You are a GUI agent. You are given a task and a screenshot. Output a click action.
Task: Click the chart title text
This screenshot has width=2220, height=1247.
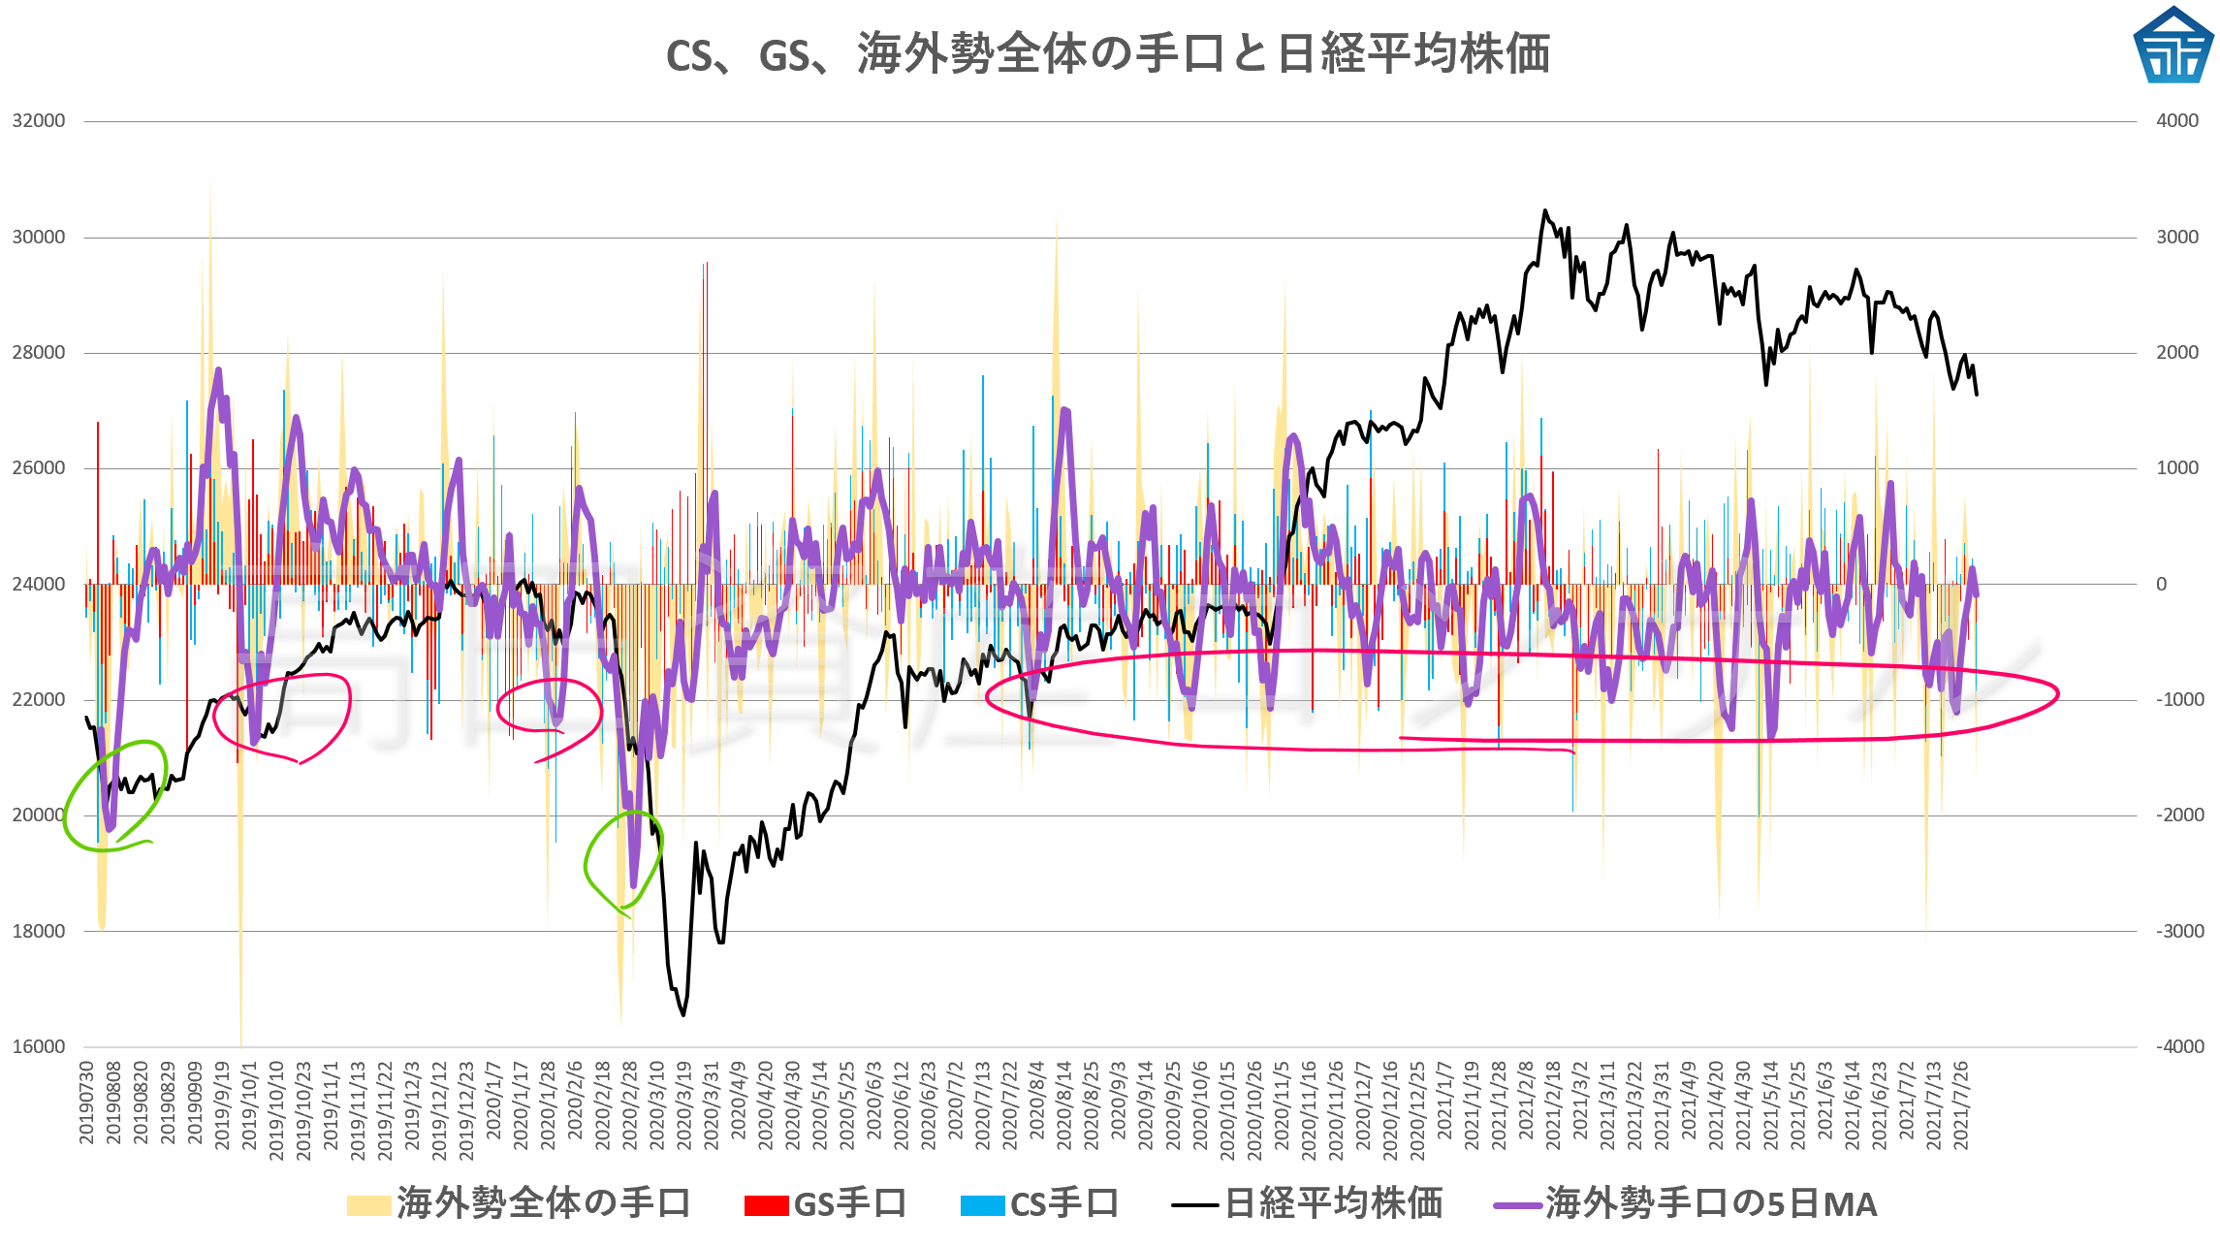pyautogui.click(x=1108, y=54)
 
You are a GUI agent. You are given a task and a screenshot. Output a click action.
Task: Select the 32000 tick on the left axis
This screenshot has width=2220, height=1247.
pyautogui.click(x=39, y=121)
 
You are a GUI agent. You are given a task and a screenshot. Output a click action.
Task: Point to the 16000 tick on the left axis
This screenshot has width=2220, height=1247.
pyautogui.click(x=39, y=1047)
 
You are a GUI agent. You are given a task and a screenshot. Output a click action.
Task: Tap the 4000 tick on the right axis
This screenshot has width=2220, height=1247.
pyautogui.click(x=2176, y=121)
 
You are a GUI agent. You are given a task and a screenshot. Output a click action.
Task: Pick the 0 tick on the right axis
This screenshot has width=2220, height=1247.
pyautogui.click(x=2161, y=584)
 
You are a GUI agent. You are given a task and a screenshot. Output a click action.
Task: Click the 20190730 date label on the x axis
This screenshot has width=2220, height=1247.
pyautogui.click(x=87, y=1103)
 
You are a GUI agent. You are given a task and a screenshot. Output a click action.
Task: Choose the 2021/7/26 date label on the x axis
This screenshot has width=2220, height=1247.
pyautogui.click(x=1960, y=1105)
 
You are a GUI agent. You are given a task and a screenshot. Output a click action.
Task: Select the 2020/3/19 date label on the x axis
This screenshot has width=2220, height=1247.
pyautogui.click(x=684, y=1105)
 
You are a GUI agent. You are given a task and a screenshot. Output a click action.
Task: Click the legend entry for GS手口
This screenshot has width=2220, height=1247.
pyautogui.click(x=826, y=1204)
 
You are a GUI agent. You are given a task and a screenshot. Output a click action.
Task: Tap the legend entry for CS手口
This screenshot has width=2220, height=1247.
pyautogui.click(x=1040, y=1204)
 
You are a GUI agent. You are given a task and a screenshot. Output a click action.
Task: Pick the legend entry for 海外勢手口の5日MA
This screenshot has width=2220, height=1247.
pyautogui.click(x=1686, y=1204)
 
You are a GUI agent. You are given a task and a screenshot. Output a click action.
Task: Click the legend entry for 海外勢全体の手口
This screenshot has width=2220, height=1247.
pyautogui.click(x=520, y=1204)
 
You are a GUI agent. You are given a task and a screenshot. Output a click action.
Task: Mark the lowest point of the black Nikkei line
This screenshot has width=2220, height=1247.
pyautogui.click(x=683, y=1014)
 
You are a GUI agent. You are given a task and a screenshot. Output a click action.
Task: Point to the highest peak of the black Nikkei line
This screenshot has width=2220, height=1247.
pyautogui.click(x=1545, y=210)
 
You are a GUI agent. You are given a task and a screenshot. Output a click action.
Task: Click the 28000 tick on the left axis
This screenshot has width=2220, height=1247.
pyautogui.click(x=39, y=353)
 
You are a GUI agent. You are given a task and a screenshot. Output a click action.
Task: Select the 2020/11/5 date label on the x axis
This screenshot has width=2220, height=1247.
pyautogui.click(x=1282, y=1105)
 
